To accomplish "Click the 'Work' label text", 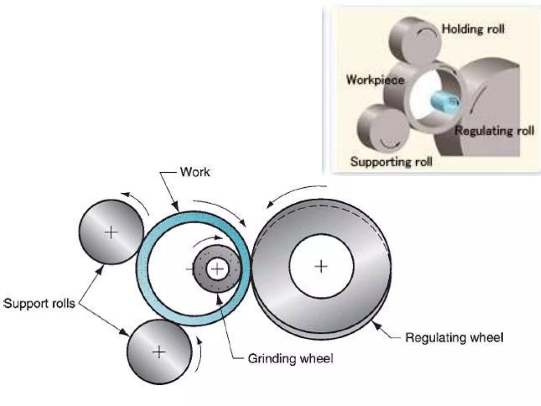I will pos(195,172).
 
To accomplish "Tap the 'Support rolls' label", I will pos(39,303).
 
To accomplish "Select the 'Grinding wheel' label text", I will pos(290,359).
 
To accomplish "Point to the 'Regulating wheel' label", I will pos(454,338).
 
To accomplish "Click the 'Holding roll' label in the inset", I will pos(473,29).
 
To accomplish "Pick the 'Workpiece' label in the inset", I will pos(375,80).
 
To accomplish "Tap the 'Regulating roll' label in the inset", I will pos(494,131).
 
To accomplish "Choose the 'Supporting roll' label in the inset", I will pos(391,162).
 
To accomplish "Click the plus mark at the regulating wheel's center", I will pos(321,266).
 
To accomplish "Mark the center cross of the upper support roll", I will pos(111,232).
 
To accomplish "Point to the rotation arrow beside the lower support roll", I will pos(199,354).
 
